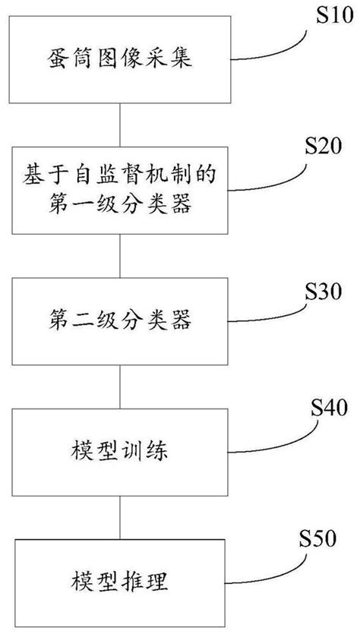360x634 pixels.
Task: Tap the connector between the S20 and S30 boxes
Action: (x=120, y=257)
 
